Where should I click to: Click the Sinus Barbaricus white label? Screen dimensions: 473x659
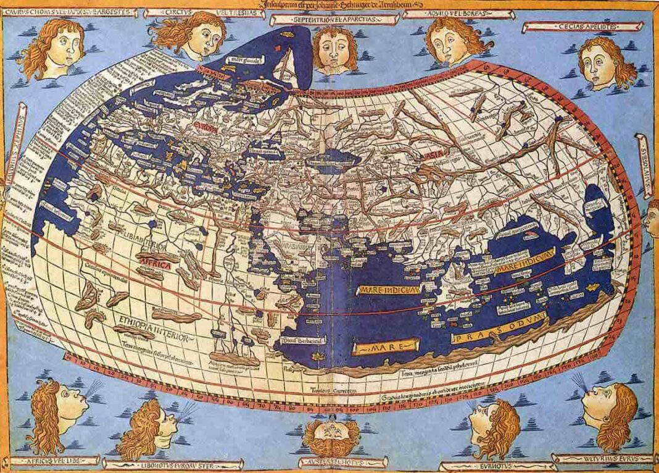click(x=304, y=338)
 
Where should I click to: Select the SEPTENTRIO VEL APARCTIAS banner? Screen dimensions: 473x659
click(x=331, y=19)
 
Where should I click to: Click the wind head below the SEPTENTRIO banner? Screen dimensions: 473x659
click(x=333, y=49)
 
